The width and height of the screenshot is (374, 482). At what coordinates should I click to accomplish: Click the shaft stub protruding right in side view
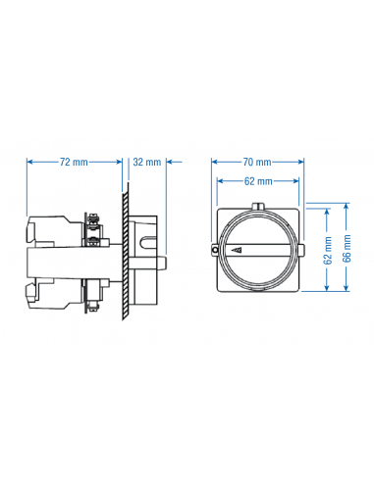point(171,263)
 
